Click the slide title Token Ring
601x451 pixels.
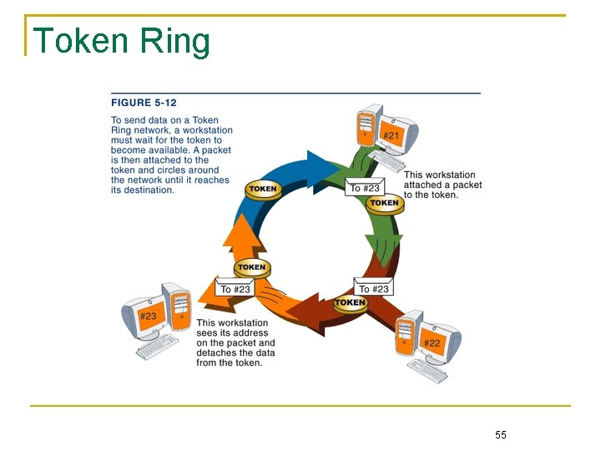pos(121,41)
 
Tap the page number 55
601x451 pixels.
pos(501,434)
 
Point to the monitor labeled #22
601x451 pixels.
pos(434,341)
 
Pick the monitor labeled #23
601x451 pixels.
pos(147,315)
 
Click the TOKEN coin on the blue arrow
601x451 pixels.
pos(262,189)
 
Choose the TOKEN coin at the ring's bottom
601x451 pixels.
pos(350,302)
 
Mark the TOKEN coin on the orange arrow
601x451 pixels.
pos(250,268)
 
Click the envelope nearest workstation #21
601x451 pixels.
pos(365,187)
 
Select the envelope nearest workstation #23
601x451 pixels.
pos(235,288)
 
